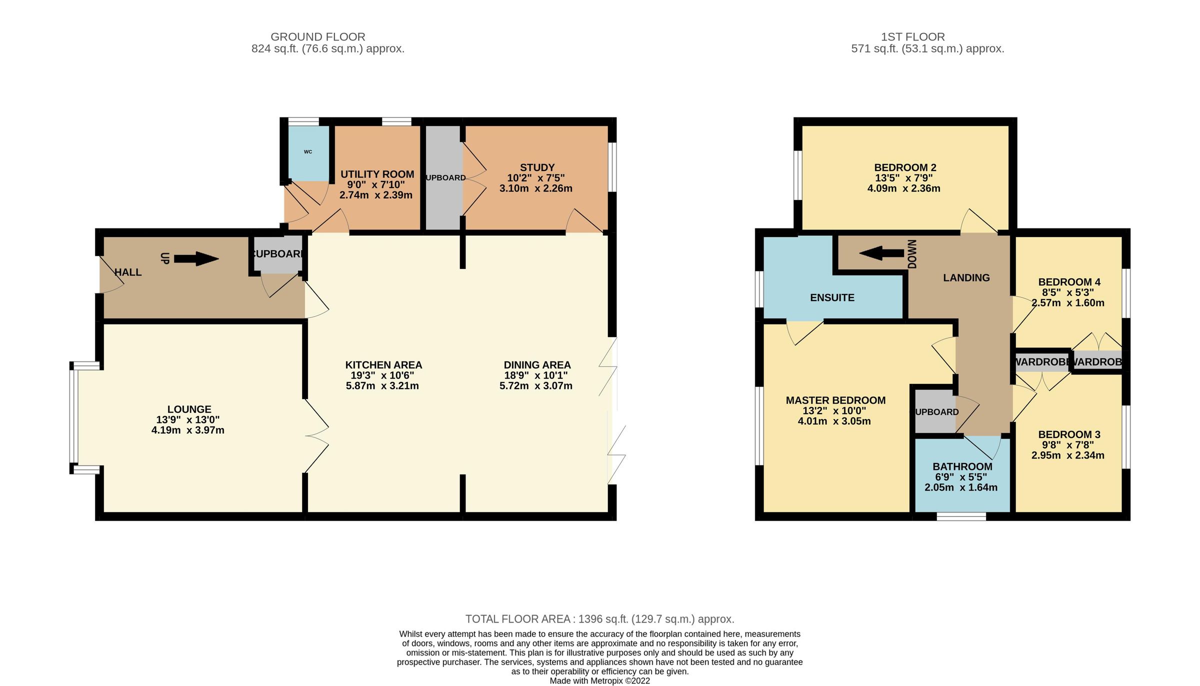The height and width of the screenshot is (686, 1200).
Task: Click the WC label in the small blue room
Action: point(308,152)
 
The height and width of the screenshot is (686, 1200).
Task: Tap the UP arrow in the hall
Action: point(196,258)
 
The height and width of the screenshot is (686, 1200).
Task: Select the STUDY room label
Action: point(537,167)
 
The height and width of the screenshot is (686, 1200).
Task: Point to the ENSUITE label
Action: point(832,297)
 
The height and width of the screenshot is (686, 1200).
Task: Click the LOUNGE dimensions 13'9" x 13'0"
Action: point(188,420)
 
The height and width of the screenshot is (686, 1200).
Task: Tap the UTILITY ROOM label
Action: point(377,174)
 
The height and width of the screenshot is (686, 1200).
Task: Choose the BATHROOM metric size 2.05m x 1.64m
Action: point(960,487)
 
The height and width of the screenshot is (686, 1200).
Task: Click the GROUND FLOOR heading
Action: point(317,37)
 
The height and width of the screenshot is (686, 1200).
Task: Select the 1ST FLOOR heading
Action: point(912,37)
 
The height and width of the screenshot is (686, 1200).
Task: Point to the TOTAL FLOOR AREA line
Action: point(599,619)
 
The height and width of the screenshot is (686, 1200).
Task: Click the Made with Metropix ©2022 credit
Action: point(599,680)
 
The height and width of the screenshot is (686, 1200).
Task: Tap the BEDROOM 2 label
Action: point(905,167)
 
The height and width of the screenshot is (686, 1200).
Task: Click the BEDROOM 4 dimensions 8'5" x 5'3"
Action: point(1067,292)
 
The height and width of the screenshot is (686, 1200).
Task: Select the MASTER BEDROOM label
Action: point(835,400)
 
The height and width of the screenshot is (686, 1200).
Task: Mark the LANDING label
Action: point(966,277)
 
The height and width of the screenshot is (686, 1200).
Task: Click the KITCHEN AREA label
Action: point(383,365)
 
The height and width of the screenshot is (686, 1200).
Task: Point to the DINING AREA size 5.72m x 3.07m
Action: point(536,386)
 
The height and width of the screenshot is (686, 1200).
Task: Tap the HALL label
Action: point(128,272)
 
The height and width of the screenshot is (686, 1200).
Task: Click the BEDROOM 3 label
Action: point(1069,434)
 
